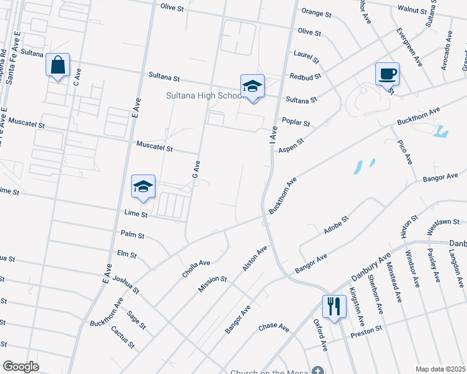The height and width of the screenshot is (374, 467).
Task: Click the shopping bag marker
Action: (57, 65)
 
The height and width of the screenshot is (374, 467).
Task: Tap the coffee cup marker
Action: (387, 74)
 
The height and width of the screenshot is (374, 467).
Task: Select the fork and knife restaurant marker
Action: (333, 307)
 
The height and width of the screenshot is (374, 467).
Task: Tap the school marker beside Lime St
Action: (143, 186)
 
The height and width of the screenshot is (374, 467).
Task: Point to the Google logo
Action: (21, 367)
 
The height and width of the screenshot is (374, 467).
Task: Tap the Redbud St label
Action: (305, 77)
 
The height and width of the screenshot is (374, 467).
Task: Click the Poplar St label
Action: (296, 122)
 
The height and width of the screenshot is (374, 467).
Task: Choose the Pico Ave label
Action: (405, 152)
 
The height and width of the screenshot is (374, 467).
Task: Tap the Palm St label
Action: (132, 236)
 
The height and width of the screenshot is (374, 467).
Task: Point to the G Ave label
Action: (196, 170)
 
